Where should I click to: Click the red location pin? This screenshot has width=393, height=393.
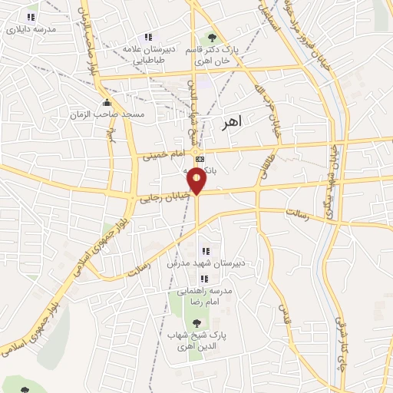point(198,181)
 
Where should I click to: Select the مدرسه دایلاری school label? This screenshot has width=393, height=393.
point(31,30)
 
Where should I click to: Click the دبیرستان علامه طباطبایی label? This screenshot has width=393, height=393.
point(149,53)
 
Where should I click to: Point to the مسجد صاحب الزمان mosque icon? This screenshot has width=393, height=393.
point(107,102)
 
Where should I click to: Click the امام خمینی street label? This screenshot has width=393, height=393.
point(163,156)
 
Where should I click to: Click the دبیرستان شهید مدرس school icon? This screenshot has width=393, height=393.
point(205,251)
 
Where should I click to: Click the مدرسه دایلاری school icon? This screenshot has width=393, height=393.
point(31,17)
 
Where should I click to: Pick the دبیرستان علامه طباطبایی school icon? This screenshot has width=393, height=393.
point(149,37)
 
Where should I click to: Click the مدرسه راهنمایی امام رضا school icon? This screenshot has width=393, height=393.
point(203,279)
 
